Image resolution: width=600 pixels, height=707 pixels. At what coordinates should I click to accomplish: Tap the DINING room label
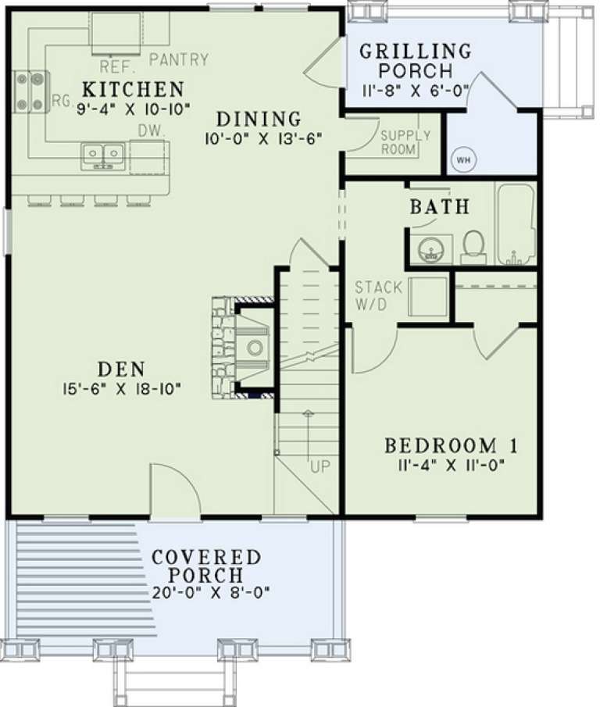(x=259, y=120)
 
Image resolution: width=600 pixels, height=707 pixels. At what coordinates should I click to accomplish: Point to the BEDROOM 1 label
(x=452, y=446)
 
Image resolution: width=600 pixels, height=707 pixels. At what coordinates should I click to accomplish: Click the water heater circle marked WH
(x=462, y=159)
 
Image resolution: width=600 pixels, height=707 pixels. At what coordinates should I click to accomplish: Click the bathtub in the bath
(x=515, y=224)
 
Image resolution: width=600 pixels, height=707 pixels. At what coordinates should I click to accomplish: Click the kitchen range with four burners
(x=30, y=90)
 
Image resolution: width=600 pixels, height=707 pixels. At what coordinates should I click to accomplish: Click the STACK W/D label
(x=378, y=295)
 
